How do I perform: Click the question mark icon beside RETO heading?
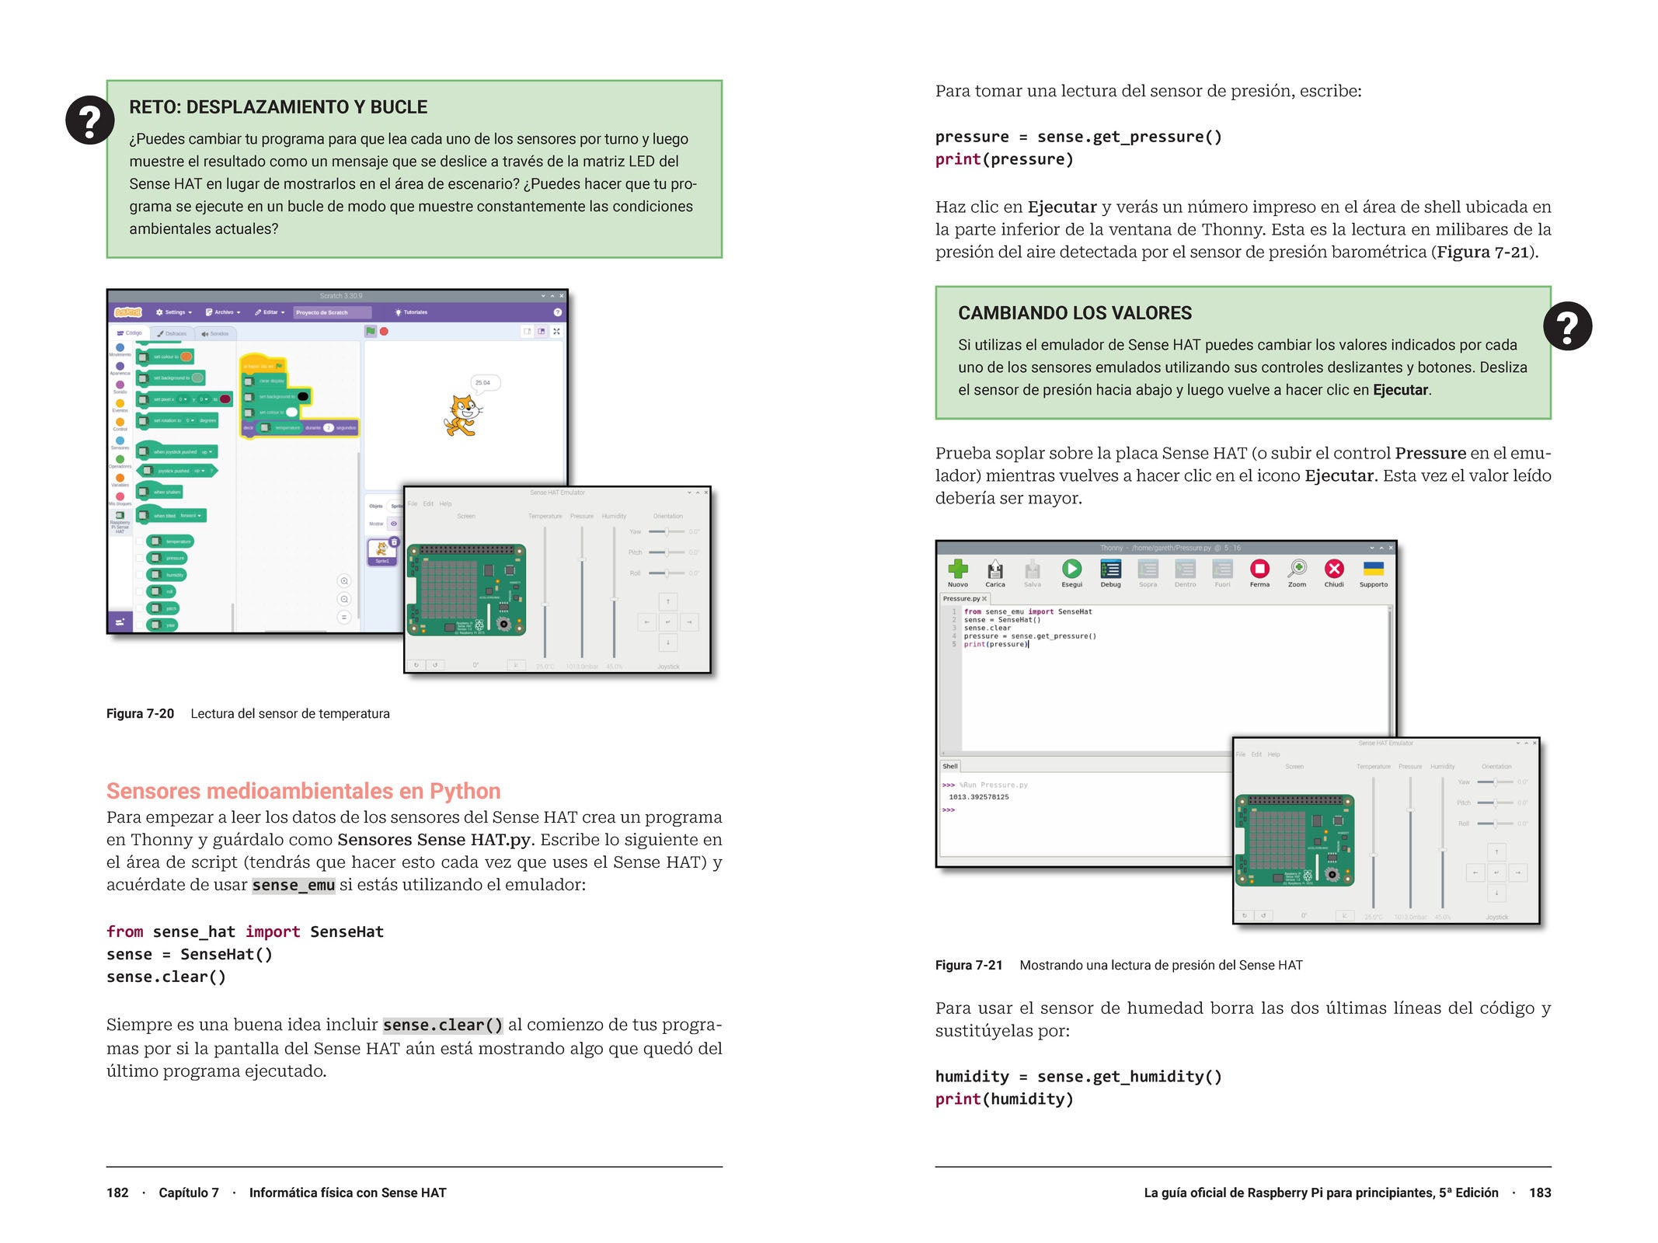[x=90, y=120]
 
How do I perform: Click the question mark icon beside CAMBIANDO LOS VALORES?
[x=1567, y=326]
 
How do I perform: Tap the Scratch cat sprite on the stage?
[x=462, y=415]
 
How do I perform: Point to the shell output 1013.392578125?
[x=979, y=797]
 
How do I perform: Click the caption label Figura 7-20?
[x=140, y=714]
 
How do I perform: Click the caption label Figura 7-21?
[x=969, y=966]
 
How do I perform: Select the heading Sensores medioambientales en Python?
[x=303, y=791]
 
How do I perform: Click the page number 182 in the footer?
[x=117, y=1193]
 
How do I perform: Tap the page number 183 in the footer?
[x=1540, y=1193]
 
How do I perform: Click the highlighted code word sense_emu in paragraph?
[x=293, y=886]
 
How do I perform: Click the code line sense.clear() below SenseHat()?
[x=166, y=977]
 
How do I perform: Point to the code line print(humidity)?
[x=1004, y=1099]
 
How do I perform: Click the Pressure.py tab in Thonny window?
[x=962, y=599]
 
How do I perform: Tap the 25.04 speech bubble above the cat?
[x=483, y=383]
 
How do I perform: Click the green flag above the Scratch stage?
[x=371, y=332]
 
